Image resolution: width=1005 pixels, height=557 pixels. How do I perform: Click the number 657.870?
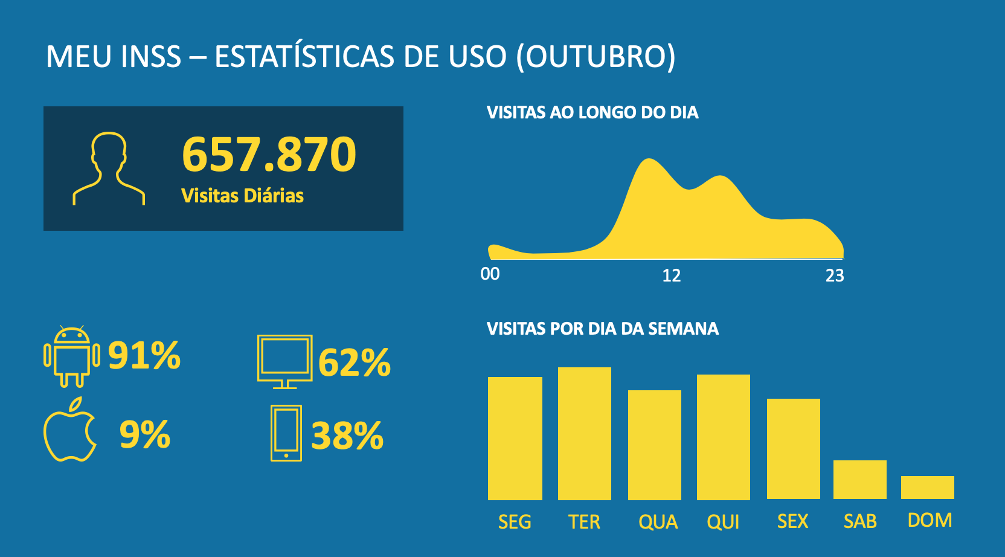(269, 155)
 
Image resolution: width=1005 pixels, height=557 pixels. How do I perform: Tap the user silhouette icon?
(109, 169)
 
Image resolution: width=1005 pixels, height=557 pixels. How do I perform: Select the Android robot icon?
(72, 356)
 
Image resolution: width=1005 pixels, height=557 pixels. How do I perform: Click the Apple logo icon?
(70, 431)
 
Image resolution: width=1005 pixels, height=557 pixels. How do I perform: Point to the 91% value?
(144, 355)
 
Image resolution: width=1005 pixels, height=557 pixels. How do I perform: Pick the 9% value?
(145, 434)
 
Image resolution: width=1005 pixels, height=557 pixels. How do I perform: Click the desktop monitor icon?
(284, 361)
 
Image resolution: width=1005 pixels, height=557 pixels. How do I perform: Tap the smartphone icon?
(286, 433)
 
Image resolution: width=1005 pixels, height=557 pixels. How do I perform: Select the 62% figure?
(355, 363)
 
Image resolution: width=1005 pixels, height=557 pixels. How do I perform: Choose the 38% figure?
(347, 436)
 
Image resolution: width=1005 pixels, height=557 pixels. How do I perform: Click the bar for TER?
(584, 433)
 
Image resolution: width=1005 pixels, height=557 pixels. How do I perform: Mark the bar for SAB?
(859, 480)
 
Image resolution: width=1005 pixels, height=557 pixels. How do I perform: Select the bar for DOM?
(927, 488)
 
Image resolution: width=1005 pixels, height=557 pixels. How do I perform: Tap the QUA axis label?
(658, 522)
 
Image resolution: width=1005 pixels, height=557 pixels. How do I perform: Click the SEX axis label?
(792, 521)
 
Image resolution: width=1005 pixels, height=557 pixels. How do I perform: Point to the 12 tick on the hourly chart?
(672, 276)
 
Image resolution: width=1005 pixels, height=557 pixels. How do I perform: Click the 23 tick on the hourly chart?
(835, 276)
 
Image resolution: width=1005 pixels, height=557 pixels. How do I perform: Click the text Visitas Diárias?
(242, 196)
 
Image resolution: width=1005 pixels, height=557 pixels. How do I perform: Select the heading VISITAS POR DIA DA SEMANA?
(603, 329)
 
